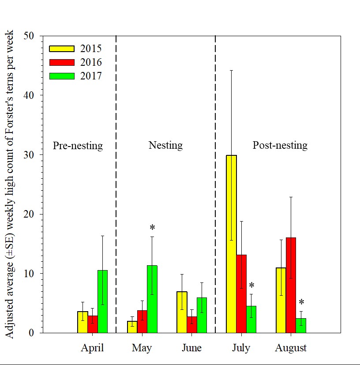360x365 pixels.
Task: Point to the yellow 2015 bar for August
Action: tap(281, 300)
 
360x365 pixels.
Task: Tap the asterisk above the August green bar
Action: tap(301, 303)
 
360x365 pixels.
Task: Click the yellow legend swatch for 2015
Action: tap(61, 49)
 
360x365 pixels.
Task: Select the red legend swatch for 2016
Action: tap(61, 62)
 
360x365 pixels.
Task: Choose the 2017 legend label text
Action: tap(91, 76)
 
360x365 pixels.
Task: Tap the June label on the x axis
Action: tap(191, 348)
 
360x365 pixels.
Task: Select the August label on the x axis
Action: tap(291, 348)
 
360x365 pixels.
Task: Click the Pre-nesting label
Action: tap(78, 146)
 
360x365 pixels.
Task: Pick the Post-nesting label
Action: tap(280, 145)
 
